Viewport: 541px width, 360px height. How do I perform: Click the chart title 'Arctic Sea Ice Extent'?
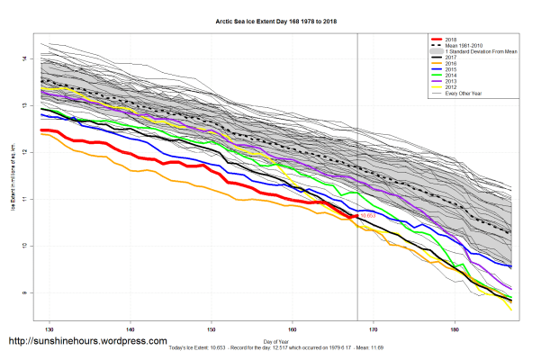tap(270, 19)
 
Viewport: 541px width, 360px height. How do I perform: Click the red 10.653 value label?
tap(368, 217)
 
